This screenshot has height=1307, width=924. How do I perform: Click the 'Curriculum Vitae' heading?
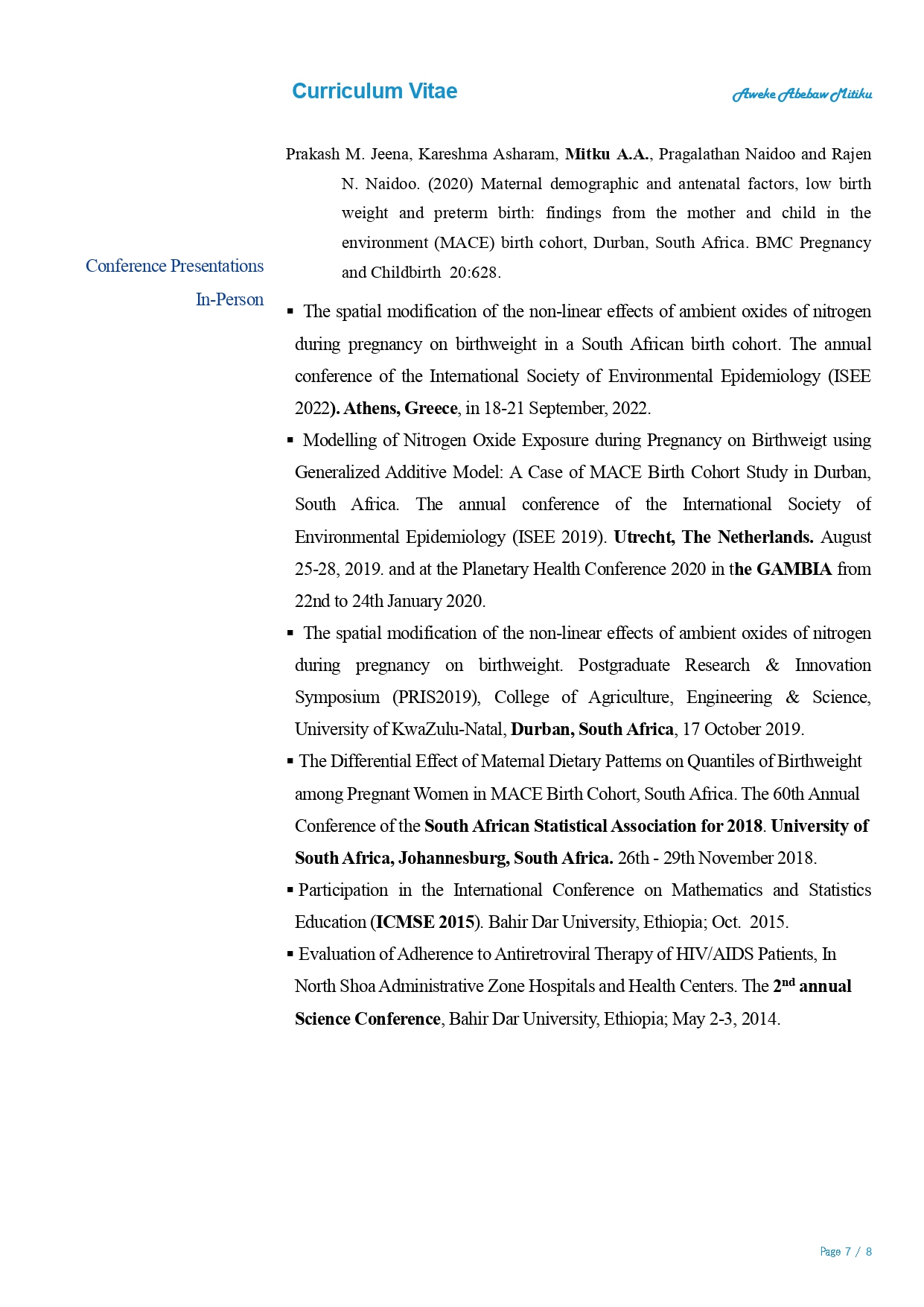click(375, 92)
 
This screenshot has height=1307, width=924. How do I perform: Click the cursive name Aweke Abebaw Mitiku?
click(802, 95)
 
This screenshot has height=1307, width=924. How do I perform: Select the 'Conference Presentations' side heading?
click(174, 267)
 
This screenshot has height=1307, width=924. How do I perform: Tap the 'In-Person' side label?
click(229, 300)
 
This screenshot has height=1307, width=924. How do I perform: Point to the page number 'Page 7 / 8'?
click(845, 1252)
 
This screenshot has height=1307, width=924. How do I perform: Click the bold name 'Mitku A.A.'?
click(608, 154)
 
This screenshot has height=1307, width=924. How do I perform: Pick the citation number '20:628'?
click(474, 273)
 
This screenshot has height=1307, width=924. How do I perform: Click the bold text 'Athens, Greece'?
click(401, 409)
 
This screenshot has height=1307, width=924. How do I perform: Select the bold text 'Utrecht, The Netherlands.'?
click(713, 538)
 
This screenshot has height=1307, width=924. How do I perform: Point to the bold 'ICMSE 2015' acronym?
click(425, 923)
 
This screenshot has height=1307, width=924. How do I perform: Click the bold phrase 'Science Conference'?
click(368, 1020)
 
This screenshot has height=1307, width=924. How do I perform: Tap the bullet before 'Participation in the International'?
click(290, 891)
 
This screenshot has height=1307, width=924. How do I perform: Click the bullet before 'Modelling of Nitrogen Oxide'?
click(290, 441)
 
